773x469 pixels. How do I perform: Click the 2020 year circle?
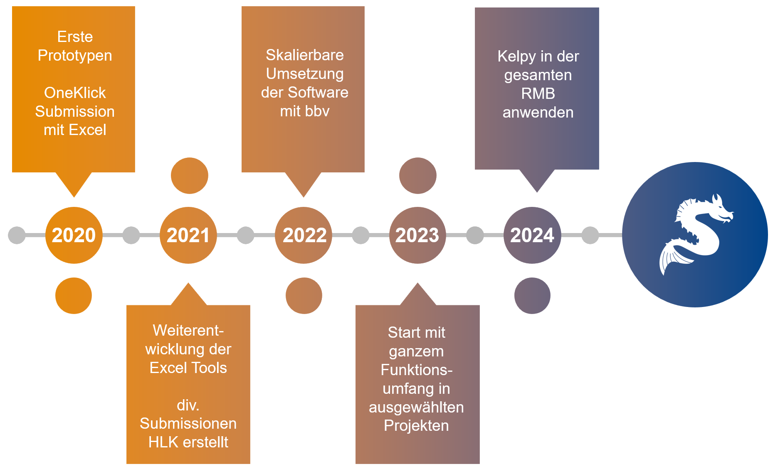point(74,235)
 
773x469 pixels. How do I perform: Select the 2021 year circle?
point(188,235)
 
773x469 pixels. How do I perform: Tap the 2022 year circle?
point(304,235)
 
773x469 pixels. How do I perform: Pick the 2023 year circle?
point(417,235)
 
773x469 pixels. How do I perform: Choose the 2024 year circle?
point(532,235)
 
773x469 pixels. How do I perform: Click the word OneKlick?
point(75,93)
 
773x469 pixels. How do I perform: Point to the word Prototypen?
point(75,55)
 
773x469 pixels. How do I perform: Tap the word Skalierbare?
point(305,55)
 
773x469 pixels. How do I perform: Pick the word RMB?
point(538,93)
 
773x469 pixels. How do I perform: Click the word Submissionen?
point(188,423)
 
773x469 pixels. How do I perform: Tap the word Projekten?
point(416,425)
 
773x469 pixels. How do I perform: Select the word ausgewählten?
point(416,407)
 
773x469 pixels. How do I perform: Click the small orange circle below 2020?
point(74,296)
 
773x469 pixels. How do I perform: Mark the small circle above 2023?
point(418,176)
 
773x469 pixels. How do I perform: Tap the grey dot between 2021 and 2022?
point(246,235)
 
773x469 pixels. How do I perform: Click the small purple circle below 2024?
point(532,296)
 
